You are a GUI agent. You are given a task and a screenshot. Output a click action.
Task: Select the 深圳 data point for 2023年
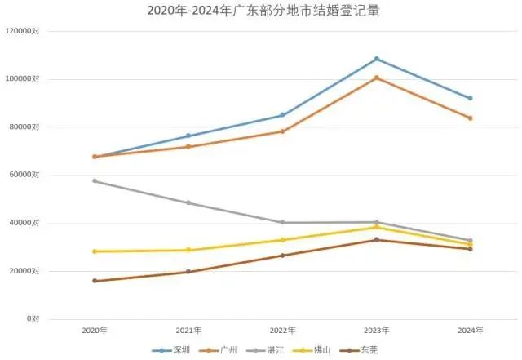[x=377, y=59]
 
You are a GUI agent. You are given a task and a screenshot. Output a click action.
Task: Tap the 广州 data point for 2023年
[x=377, y=78]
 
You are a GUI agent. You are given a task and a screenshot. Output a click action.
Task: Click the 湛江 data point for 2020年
[x=95, y=180]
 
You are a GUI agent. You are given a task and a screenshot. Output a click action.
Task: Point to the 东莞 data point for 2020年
[x=95, y=281]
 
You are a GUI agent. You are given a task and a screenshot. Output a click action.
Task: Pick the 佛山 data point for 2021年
[x=188, y=250]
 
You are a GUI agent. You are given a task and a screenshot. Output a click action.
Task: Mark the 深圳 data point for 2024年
[x=471, y=98]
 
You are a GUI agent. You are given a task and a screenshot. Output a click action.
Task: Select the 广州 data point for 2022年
[x=283, y=131]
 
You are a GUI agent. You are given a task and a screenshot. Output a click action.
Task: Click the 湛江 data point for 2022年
[x=283, y=222]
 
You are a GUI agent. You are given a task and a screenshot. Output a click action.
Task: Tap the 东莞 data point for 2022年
[x=283, y=256]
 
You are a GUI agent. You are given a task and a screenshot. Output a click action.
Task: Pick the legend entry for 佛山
[x=319, y=350]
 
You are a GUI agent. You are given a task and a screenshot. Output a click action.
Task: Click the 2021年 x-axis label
[x=188, y=330]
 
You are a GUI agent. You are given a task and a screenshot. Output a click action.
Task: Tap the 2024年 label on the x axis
[x=471, y=330]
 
